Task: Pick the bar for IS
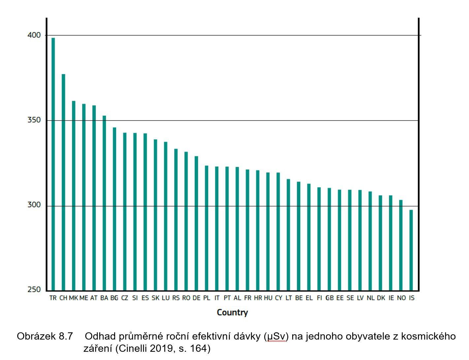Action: (x=411, y=250)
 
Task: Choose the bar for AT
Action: (x=94, y=198)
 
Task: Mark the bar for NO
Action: (x=401, y=245)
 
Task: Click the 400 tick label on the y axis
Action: (x=34, y=35)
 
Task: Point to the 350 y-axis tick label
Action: (x=34, y=120)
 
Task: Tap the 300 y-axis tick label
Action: (x=34, y=205)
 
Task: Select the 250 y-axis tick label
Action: (x=34, y=289)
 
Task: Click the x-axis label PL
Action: (x=206, y=298)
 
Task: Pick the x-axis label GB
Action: (x=329, y=298)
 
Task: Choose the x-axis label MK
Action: (x=74, y=298)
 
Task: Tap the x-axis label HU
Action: (x=268, y=298)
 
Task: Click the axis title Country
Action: (x=232, y=313)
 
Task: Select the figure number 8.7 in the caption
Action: (x=65, y=337)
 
